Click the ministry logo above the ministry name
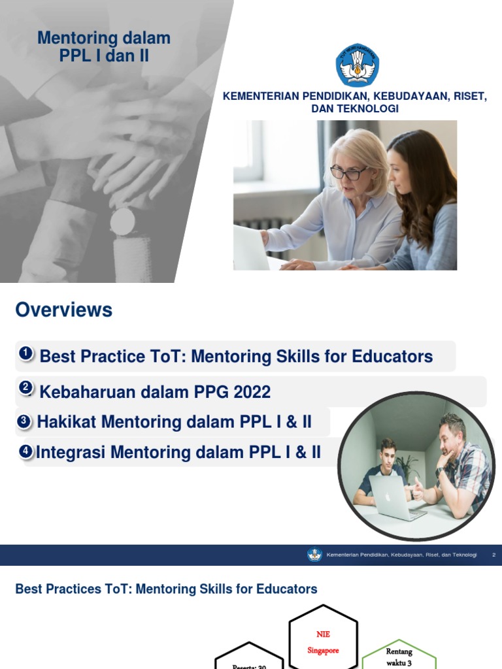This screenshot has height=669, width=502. point(357,65)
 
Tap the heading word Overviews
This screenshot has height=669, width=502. point(64,310)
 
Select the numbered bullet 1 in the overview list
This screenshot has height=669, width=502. point(25,354)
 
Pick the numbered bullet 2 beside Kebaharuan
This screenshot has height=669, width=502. point(25,388)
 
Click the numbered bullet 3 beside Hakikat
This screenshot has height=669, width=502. point(24,422)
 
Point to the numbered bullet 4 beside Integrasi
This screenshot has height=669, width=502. point(25,451)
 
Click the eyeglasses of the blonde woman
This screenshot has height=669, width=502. point(348,173)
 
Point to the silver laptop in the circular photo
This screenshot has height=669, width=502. point(391,496)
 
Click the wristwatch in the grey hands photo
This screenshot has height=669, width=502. point(122,222)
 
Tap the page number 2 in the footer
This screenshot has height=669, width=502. point(494,555)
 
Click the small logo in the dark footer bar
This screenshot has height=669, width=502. point(314,555)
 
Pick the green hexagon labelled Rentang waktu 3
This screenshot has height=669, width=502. point(399,655)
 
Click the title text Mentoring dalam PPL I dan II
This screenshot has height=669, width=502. point(104,47)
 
